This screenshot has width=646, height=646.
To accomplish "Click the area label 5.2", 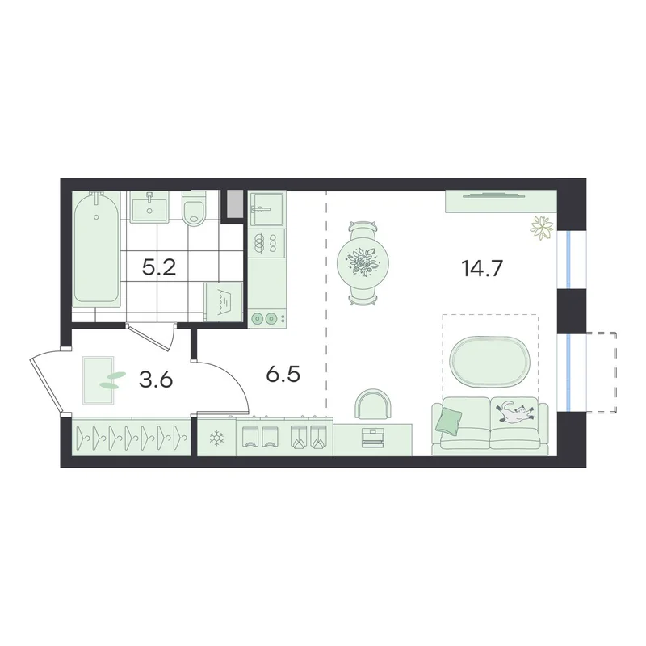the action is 159,268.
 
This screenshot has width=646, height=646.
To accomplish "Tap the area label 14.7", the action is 482,269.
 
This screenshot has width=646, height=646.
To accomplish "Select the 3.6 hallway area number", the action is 156,380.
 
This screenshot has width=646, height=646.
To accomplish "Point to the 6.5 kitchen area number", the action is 283,375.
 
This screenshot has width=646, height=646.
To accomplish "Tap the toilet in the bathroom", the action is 193,208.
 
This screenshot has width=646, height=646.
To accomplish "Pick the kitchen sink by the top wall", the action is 266,209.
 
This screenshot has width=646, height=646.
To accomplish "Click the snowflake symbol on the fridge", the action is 216,438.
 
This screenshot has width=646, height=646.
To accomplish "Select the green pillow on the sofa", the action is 450,420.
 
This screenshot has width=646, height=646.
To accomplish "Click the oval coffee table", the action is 490,361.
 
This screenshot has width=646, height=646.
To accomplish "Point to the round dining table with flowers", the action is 363,263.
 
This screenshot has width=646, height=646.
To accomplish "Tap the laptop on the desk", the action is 372,437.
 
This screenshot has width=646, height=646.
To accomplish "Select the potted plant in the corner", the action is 540,227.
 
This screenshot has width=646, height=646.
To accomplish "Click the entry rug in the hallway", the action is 99,380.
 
